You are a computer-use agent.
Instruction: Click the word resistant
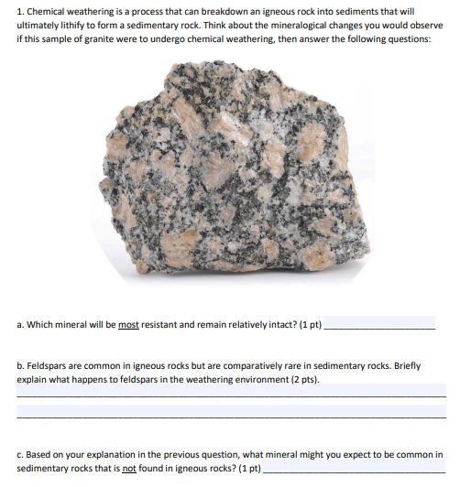(x=164, y=324)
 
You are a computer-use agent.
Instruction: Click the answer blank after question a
(x=381, y=326)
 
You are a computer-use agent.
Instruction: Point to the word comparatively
(x=267, y=364)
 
